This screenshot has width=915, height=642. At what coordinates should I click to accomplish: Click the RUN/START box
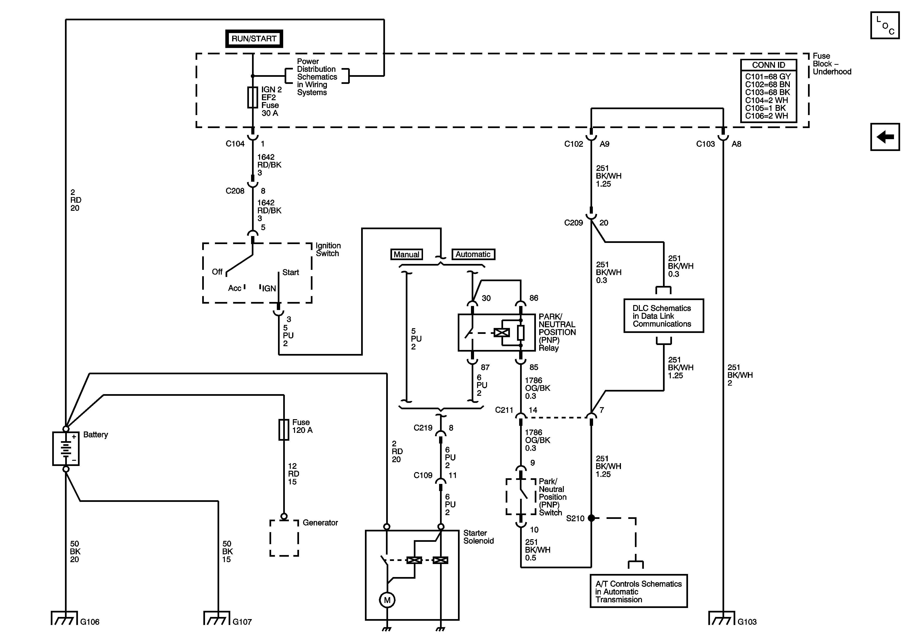(x=254, y=39)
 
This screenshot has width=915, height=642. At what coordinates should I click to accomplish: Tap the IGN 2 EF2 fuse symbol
(x=253, y=97)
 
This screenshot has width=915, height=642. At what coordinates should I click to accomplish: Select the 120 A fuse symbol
(x=284, y=430)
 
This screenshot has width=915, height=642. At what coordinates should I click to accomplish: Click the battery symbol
(x=66, y=449)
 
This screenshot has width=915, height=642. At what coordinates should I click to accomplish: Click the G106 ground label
(x=90, y=622)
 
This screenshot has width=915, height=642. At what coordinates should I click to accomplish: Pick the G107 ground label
(x=242, y=622)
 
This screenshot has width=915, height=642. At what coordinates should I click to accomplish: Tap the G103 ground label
(x=747, y=622)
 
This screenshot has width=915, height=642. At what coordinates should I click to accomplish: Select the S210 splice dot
(x=591, y=518)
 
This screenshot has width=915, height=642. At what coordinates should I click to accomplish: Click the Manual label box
(x=406, y=254)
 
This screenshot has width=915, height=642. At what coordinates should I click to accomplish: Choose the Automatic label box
(x=473, y=254)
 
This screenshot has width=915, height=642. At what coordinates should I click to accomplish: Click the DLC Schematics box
(x=663, y=316)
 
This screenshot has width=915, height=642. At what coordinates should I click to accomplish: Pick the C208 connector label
(x=235, y=191)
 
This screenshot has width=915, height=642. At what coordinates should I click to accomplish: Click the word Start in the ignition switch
(x=291, y=272)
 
